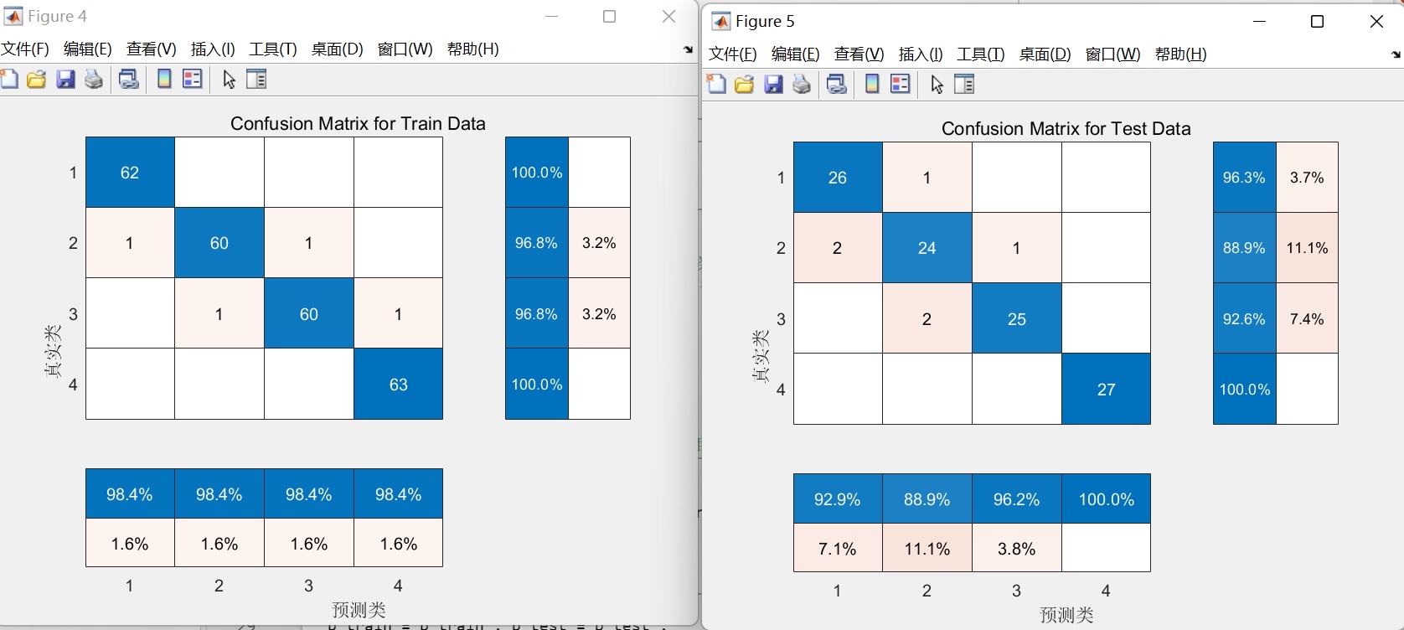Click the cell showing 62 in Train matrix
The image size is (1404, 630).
click(130, 173)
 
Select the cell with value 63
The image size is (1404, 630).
click(398, 385)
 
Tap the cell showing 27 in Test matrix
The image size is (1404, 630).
click(1106, 390)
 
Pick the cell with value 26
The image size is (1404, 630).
click(838, 178)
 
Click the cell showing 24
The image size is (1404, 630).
click(927, 248)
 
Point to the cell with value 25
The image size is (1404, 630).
click(1016, 319)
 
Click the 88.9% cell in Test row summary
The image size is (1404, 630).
click(1244, 248)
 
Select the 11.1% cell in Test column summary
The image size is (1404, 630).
click(927, 549)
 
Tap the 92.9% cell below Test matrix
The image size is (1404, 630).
click(838, 499)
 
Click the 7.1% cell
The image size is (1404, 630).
click(838, 549)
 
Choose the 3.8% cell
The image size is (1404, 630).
click(1016, 549)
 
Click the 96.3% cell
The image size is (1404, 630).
click(1244, 178)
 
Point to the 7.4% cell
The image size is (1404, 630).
click(1307, 319)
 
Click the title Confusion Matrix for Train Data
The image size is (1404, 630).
click(358, 124)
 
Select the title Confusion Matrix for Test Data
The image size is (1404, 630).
click(1066, 129)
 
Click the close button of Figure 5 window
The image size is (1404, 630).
click(1376, 22)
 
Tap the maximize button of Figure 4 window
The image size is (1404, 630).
click(610, 17)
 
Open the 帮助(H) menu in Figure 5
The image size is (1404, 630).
click(1180, 54)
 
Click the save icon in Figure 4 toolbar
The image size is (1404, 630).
click(65, 80)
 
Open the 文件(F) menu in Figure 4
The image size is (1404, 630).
click(26, 49)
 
